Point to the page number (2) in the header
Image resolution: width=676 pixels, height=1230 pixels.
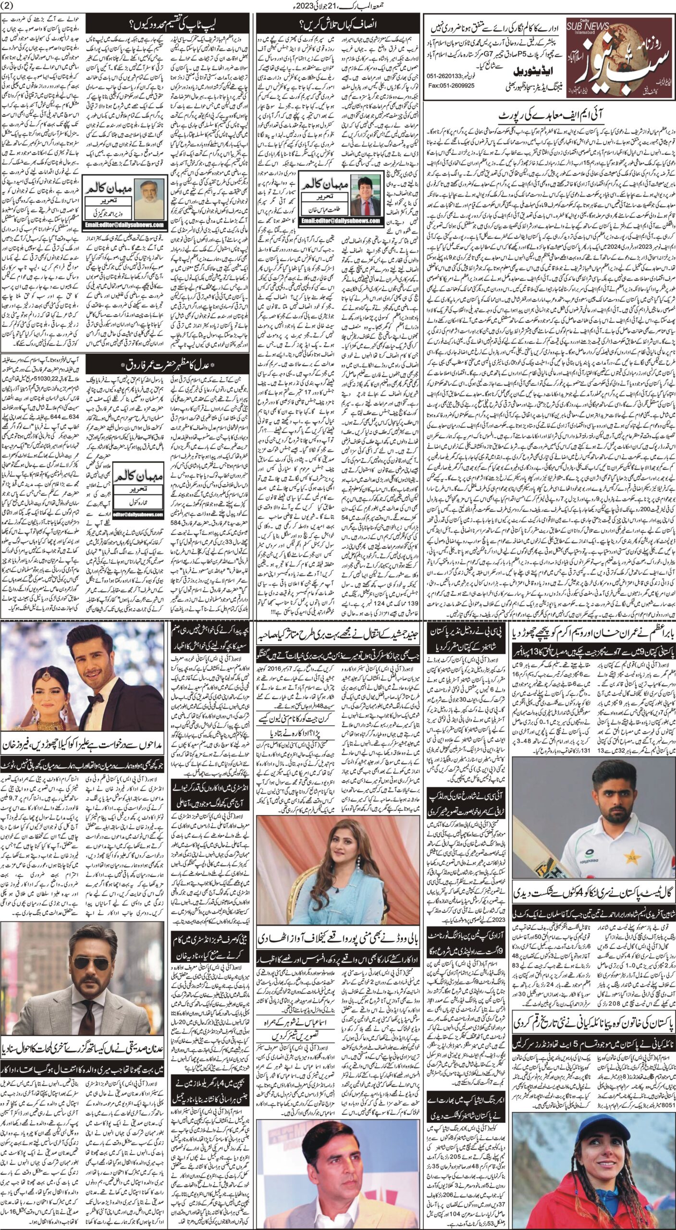9,5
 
